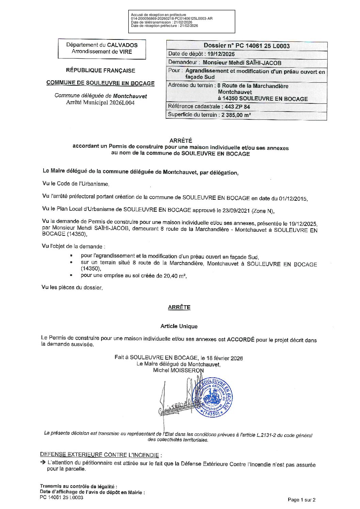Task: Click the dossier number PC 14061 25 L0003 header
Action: [247, 46]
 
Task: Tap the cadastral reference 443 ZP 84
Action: [235, 107]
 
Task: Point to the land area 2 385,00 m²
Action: [236, 115]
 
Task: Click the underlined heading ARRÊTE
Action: [179, 307]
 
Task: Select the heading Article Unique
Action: [179, 326]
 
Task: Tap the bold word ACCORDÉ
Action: [241, 340]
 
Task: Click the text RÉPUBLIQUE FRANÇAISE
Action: [100, 71]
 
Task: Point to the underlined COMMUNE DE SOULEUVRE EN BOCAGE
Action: [100, 83]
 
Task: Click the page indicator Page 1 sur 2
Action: [301, 500]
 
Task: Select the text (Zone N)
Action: [262, 211]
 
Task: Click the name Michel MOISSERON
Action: [178, 370]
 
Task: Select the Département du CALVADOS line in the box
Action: [102, 45]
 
